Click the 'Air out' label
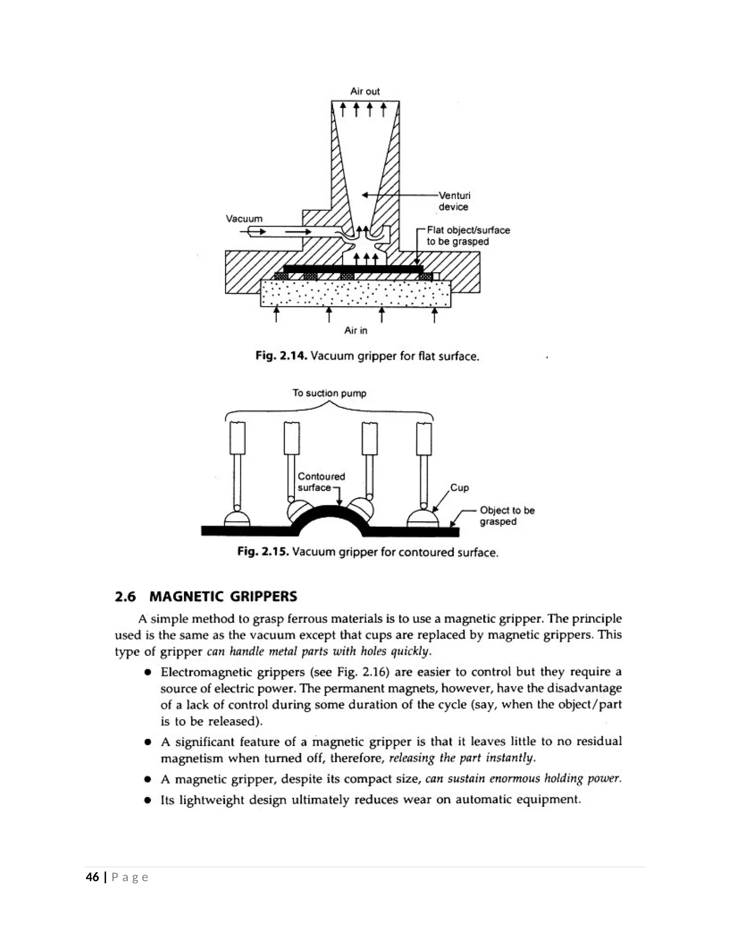(365, 91)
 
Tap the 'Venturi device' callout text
(454, 201)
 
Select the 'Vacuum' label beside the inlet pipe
(244, 219)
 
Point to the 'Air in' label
(356, 331)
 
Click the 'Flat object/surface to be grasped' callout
(468, 236)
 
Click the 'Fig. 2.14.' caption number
(281, 356)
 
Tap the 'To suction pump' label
(329, 393)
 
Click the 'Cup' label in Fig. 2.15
(460, 488)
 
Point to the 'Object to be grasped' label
(507, 516)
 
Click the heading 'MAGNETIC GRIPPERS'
(223, 597)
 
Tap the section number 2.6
(125, 597)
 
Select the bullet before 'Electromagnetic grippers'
(148, 673)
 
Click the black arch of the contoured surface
(330, 513)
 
